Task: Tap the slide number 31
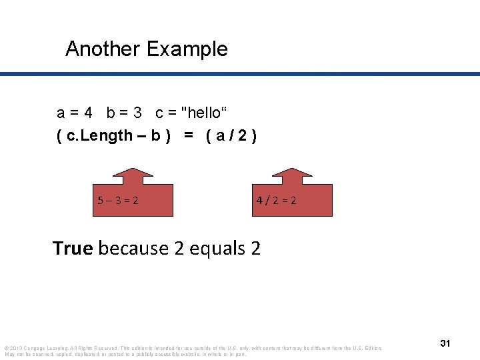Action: tap(445, 343)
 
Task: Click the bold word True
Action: tap(73, 248)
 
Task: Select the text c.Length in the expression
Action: tap(99, 136)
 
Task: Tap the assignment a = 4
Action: tap(74, 112)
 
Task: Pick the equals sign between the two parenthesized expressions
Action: tap(189, 136)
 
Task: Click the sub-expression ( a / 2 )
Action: tap(231, 136)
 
